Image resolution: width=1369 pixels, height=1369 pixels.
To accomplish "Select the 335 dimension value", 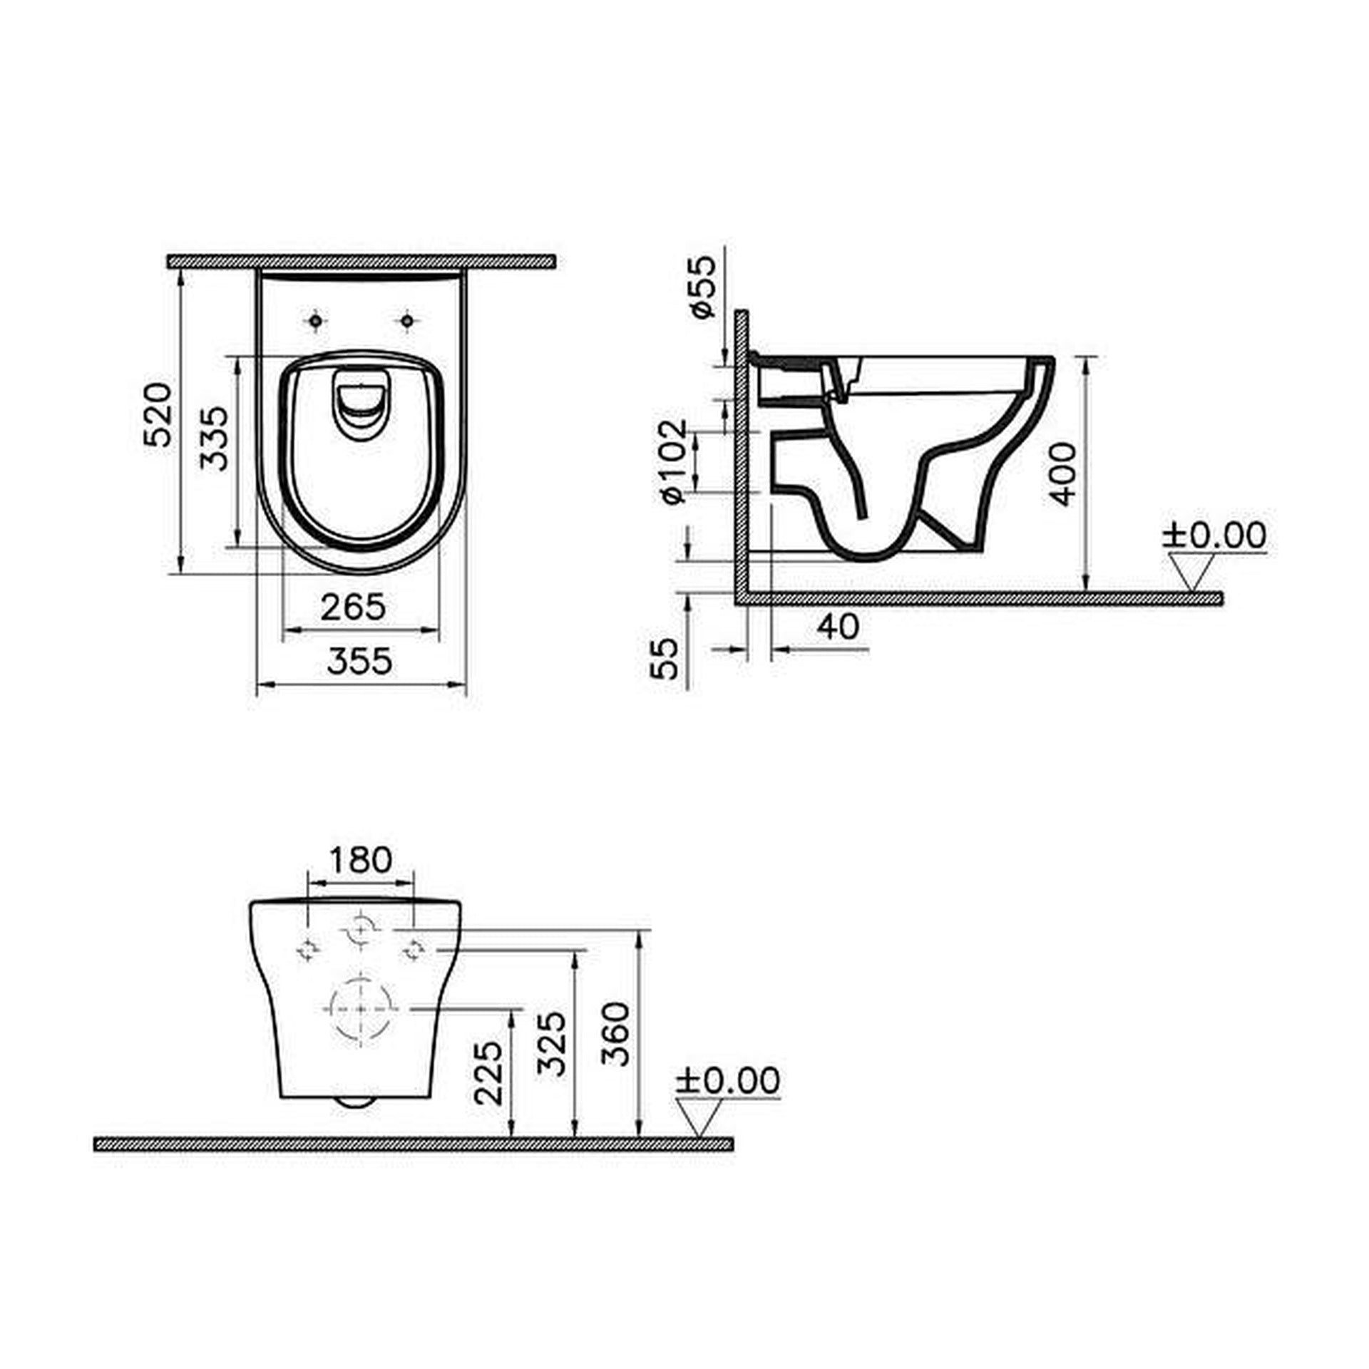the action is pyautogui.click(x=214, y=438).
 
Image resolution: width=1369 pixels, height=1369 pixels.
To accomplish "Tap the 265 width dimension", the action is pyautogui.click(x=352, y=607).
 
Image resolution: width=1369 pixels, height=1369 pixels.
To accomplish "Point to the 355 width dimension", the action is pyautogui.click(x=359, y=661).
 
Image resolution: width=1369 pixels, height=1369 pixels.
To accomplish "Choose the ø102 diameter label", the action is pyautogui.click(x=674, y=461).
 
